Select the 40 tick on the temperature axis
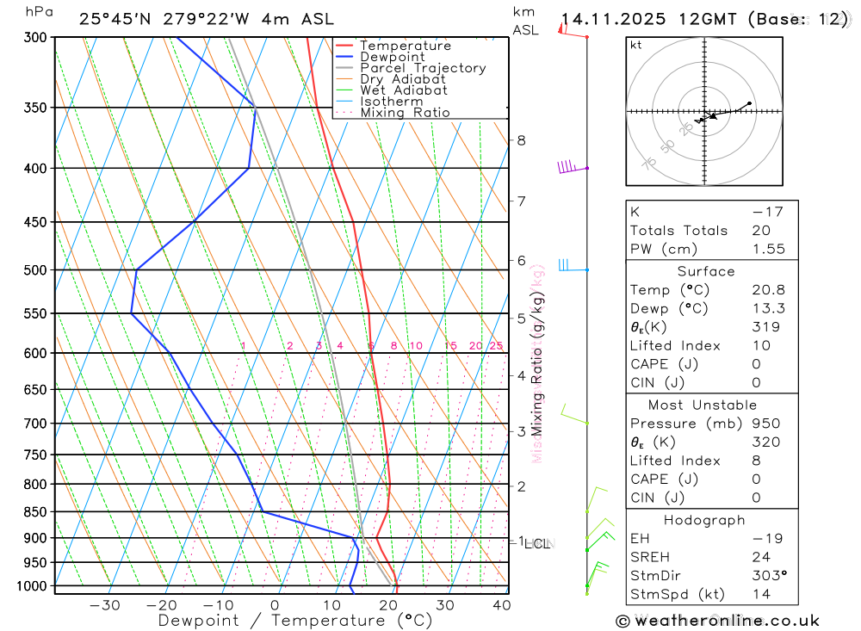pos(501,605)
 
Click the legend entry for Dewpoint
pos(392,57)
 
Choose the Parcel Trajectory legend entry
pos(422,68)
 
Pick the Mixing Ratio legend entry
pos(405,113)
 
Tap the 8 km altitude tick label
pos(521,140)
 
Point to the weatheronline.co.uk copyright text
pos(718,621)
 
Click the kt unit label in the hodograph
pos(636,45)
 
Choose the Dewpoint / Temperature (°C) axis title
pos(295,621)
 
